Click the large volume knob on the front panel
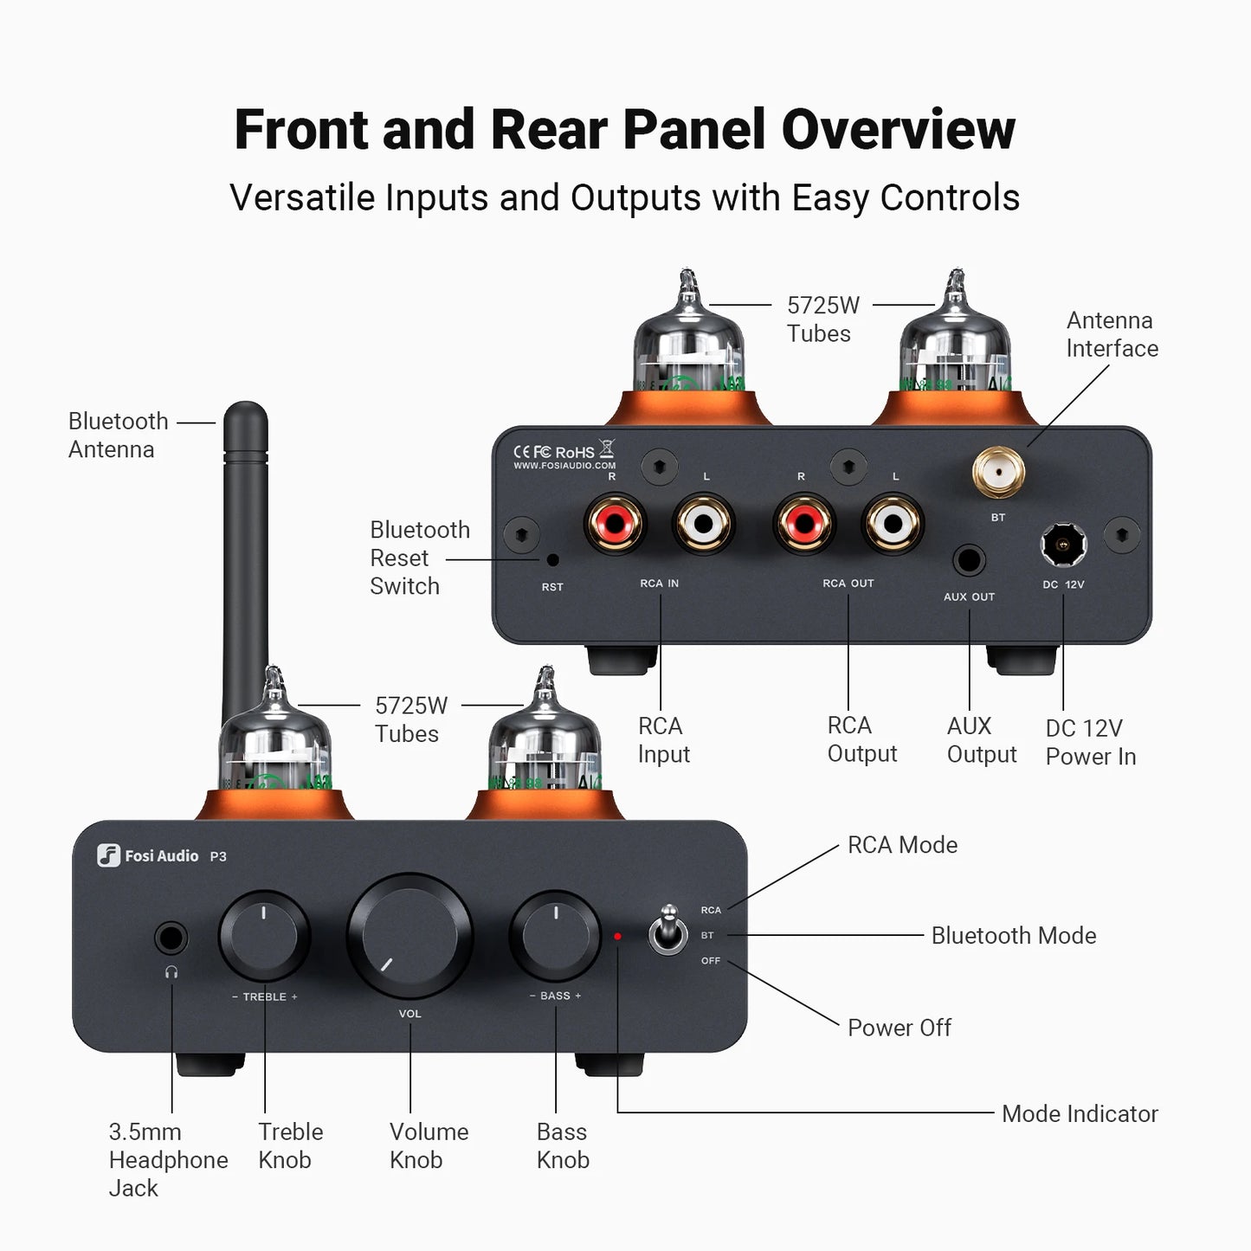pyautogui.click(x=409, y=935)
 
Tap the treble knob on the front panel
pyautogui.click(x=264, y=936)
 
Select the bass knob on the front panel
pyautogui.click(x=556, y=935)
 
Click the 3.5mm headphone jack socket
pyautogui.click(x=171, y=938)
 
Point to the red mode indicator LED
pyautogui.click(x=617, y=936)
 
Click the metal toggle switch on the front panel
pyautogui.click(x=668, y=932)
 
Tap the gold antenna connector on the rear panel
pyautogui.click(x=999, y=474)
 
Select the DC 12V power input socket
pyautogui.click(x=1063, y=545)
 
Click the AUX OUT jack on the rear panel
pyautogui.click(x=969, y=561)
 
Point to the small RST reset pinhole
pyautogui.click(x=553, y=559)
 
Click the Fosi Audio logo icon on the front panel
pyautogui.click(x=108, y=855)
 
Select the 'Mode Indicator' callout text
pyautogui.click(x=1079, y=1113)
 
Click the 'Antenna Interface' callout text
pyautogui.click(x=1112, y=334)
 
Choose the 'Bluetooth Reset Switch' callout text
pyautogui.click(x=419, y=558)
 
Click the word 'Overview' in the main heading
pyautogui.click(x=898, y=130)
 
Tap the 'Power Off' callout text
pyautogui.click(x=899, y=1028)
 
